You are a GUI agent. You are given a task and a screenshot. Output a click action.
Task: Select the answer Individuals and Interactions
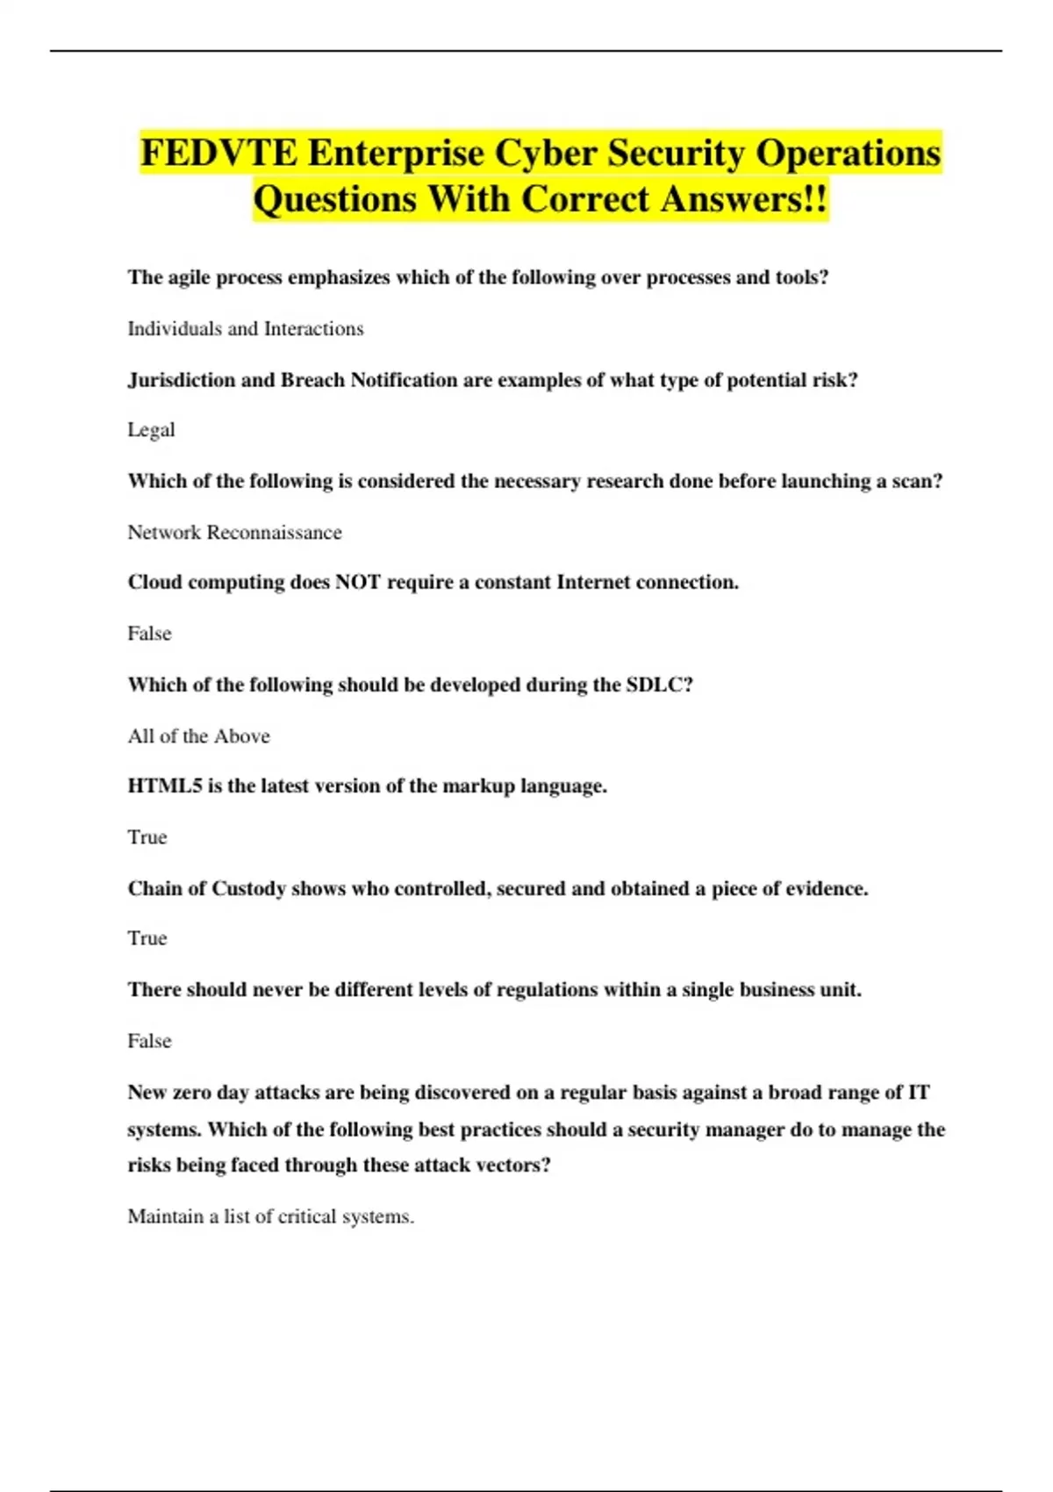(x=246, y=329)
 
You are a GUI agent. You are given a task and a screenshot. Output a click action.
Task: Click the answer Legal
(x=151, y=430)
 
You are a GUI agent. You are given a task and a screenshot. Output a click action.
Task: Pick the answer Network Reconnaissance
(x=234, y=533)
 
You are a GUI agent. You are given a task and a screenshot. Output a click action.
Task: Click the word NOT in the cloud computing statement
(x=357, y=583)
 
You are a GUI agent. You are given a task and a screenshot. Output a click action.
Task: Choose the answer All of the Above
(x=198, y=736)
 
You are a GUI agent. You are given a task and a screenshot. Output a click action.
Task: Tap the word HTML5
(x=164, y=786)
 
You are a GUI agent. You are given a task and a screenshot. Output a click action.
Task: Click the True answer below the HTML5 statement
(x=147, y=837)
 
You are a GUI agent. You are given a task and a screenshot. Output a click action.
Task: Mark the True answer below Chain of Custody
(x=147, y=938)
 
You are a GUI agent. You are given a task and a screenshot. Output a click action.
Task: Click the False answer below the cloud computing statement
(x=149, y=634)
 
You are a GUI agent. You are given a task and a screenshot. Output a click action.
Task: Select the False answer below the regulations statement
(x=149, y=1041)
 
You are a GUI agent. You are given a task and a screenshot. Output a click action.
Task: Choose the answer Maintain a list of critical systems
(x=270, y=1217)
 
